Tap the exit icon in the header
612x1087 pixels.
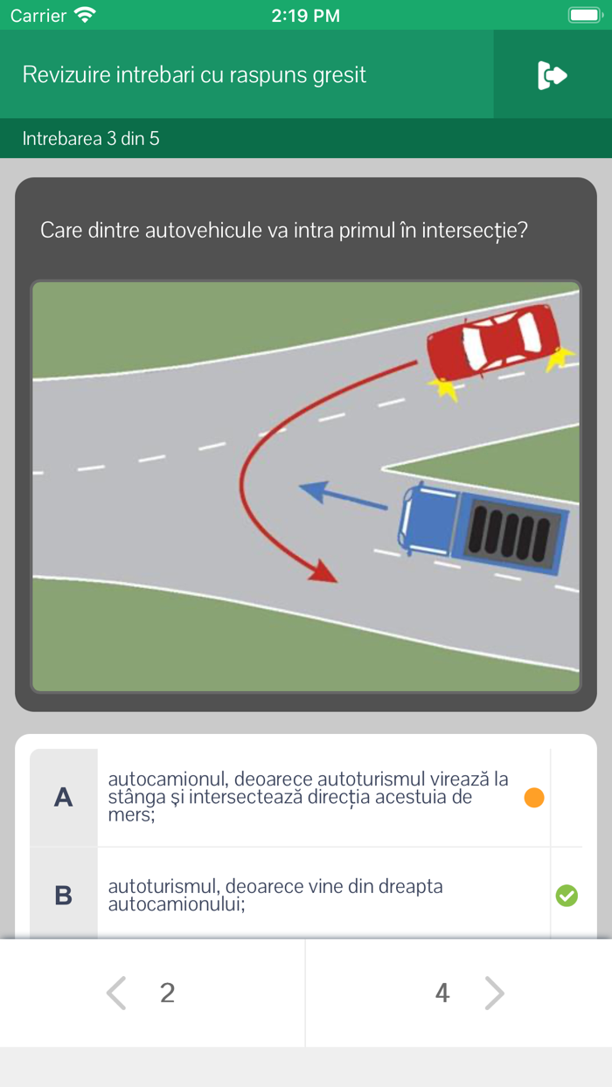pos(553,75)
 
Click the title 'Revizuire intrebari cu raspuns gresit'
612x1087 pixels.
pos(194,75)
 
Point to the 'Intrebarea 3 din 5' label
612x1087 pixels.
pos(91,139)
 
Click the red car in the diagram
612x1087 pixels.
pos(493,342)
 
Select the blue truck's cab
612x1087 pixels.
pos(428,520)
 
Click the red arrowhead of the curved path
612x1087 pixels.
pos(323,571)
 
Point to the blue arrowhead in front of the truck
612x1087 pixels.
pos(313,491)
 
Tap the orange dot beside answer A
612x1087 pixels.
pos(534,797)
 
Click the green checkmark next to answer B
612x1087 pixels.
pos(567,896)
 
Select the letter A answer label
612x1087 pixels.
pos(64,797)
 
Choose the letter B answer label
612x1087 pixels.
pos(64,896)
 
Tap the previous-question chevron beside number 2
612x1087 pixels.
pos(116,993)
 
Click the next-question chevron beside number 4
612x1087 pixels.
pos(495,993)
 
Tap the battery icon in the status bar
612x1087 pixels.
pos(586,15)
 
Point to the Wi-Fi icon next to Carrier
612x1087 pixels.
pos(85,15)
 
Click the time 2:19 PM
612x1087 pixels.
pos(305,16)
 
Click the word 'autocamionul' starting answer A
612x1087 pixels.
pos(168,779)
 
